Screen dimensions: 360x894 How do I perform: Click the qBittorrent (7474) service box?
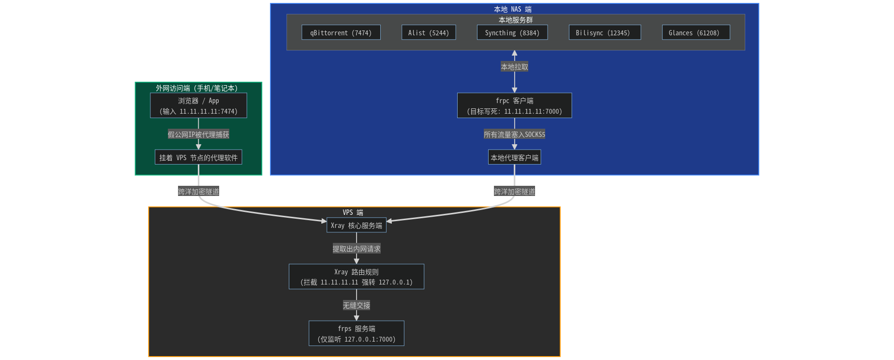341,32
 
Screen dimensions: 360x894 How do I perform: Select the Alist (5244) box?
429,32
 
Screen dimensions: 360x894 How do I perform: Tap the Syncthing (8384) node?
512,32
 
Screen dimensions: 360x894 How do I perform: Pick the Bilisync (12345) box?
605,32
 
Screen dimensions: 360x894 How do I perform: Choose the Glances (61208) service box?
696,32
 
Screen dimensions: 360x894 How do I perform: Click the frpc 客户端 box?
514,105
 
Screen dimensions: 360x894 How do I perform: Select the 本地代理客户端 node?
514,157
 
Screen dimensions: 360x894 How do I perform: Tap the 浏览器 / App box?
198,105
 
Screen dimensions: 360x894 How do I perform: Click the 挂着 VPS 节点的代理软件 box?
198,157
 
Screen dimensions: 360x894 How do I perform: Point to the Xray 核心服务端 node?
357,225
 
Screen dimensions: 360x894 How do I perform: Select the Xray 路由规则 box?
357,277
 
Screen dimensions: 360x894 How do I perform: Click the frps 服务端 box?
357,333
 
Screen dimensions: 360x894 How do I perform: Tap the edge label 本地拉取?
514,67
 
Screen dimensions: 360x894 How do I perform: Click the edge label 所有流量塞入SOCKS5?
514,135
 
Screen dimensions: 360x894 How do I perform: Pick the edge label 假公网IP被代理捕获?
198,135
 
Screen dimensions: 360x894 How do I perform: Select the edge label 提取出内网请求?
357,249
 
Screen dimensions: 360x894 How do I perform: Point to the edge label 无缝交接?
357,305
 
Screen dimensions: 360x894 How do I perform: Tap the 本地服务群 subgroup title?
516,20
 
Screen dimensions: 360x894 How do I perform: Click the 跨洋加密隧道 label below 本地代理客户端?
514,192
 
